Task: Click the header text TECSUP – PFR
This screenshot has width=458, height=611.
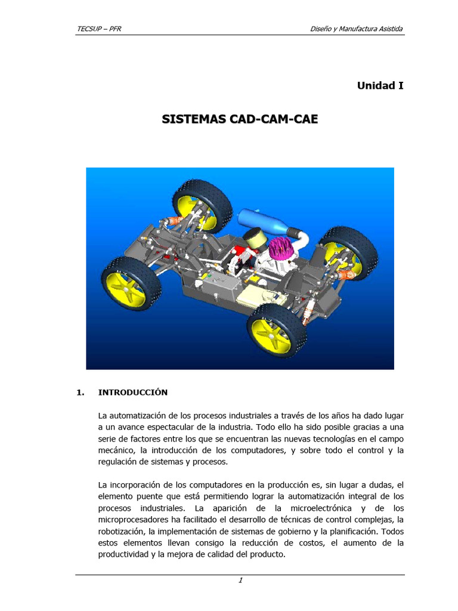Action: [100, 29]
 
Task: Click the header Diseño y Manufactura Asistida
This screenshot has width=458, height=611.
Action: [357, 29]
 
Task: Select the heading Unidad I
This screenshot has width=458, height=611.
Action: [380, 85]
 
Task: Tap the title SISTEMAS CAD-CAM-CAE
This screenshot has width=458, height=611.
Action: [240, 119]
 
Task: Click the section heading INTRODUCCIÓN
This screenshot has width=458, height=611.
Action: [133, 393]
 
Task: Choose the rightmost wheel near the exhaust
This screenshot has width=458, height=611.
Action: [349, 255]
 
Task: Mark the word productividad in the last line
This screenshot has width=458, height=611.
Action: [125, 554]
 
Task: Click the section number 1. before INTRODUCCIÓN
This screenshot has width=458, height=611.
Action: [81, 393]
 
